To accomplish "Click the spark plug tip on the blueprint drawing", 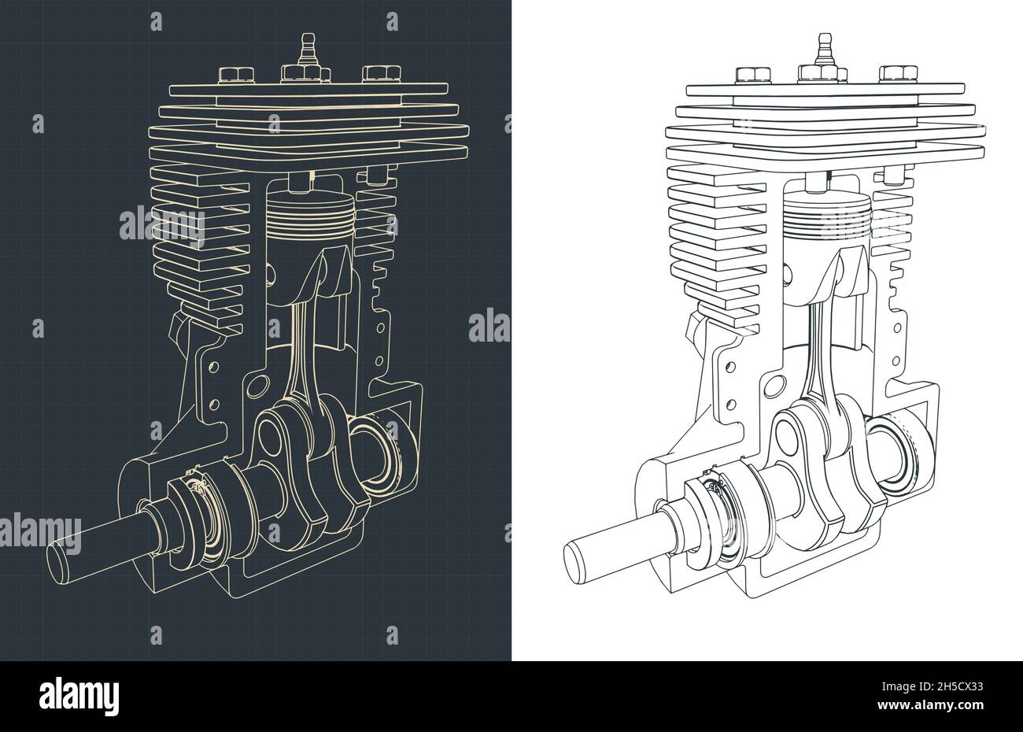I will [x=306, y=39].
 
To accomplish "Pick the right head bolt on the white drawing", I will [x=891, y=74].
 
